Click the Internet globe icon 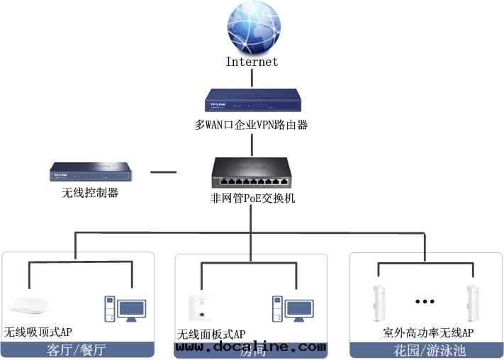point(252,28)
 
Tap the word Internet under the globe point(252,62)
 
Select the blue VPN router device point(252,100)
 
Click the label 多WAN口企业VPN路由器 point(252,125)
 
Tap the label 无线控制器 point(89,192)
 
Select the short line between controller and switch point(164,171)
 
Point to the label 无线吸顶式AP point(39,332)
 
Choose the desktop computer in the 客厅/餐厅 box point(121,309)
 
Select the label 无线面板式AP point(211,334)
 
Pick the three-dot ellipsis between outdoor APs point(425,301)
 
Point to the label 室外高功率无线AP point(428,332)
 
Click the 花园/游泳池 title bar point(425,349)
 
